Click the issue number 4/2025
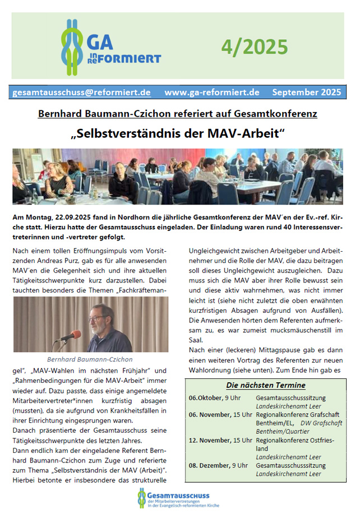[254, 47]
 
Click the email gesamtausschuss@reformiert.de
[81, 92]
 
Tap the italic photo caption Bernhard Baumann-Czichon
[90, 359]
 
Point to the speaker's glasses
[101, 316]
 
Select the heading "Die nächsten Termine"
[266, 385]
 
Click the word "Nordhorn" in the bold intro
[135, 216]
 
